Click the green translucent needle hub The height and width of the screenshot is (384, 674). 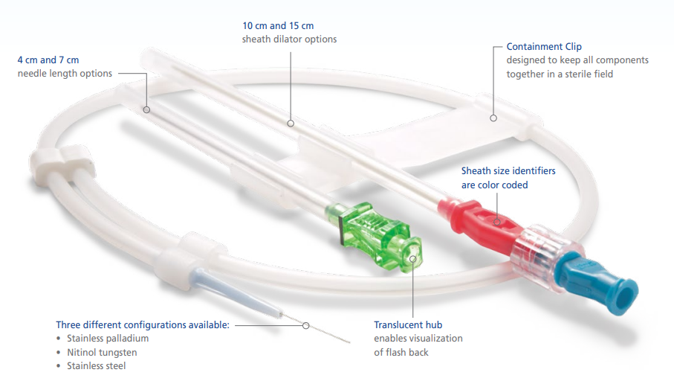coord(373,237)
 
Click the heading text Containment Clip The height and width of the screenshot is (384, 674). coord(544,46)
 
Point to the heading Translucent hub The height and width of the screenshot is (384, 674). coord(408,325)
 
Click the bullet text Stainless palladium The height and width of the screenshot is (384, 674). coord(108,339)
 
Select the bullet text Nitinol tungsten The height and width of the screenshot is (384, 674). coord(102,352)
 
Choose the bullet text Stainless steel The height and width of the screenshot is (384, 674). coord(97,366)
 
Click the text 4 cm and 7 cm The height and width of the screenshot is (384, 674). coord(48,60)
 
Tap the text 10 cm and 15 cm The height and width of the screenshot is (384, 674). coord(278,26)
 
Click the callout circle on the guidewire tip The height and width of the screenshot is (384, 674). coord(305,325)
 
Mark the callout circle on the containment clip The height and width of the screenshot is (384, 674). coord(493,118)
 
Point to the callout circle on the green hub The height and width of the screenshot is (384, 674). coord(412,259)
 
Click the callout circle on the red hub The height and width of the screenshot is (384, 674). coord(497,222)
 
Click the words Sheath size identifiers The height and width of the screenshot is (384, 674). coord(508,171)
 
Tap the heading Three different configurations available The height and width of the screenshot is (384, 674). coord(143,325)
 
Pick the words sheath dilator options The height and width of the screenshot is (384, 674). coord(289,39)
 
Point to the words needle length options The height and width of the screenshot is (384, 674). coord(65,74)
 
